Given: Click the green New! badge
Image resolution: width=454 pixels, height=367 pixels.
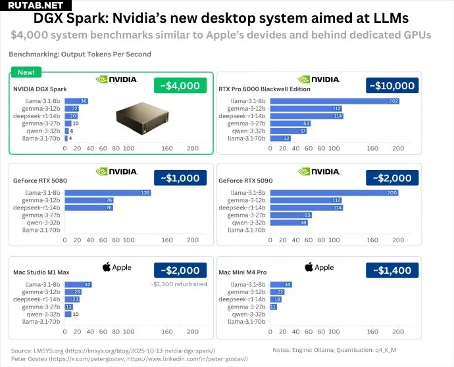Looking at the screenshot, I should (x=26, y=72).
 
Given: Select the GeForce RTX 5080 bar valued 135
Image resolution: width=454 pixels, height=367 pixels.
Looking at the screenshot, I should (x=109, y=192).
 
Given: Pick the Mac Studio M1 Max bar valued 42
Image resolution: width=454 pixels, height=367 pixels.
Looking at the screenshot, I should (x=78, y=284).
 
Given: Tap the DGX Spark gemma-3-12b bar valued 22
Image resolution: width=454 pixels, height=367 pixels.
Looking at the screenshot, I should (x=72, y=108).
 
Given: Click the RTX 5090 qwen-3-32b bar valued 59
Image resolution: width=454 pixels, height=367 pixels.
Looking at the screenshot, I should (x=290, y=223).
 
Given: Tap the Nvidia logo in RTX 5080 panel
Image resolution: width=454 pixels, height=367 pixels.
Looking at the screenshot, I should (x=116, y=172).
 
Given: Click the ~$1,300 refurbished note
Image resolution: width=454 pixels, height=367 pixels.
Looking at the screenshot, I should (x=179, y=284).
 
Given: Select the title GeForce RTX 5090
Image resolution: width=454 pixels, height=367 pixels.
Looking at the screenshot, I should (x=245, y=180).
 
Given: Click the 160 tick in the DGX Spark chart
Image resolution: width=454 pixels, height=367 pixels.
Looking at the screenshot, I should (x=167, y=149).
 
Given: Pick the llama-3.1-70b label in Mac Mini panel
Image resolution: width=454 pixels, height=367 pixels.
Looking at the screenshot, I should (x=246, y=322).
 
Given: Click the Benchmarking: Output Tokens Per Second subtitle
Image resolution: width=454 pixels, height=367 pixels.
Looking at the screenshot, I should (x=80, y=54).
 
